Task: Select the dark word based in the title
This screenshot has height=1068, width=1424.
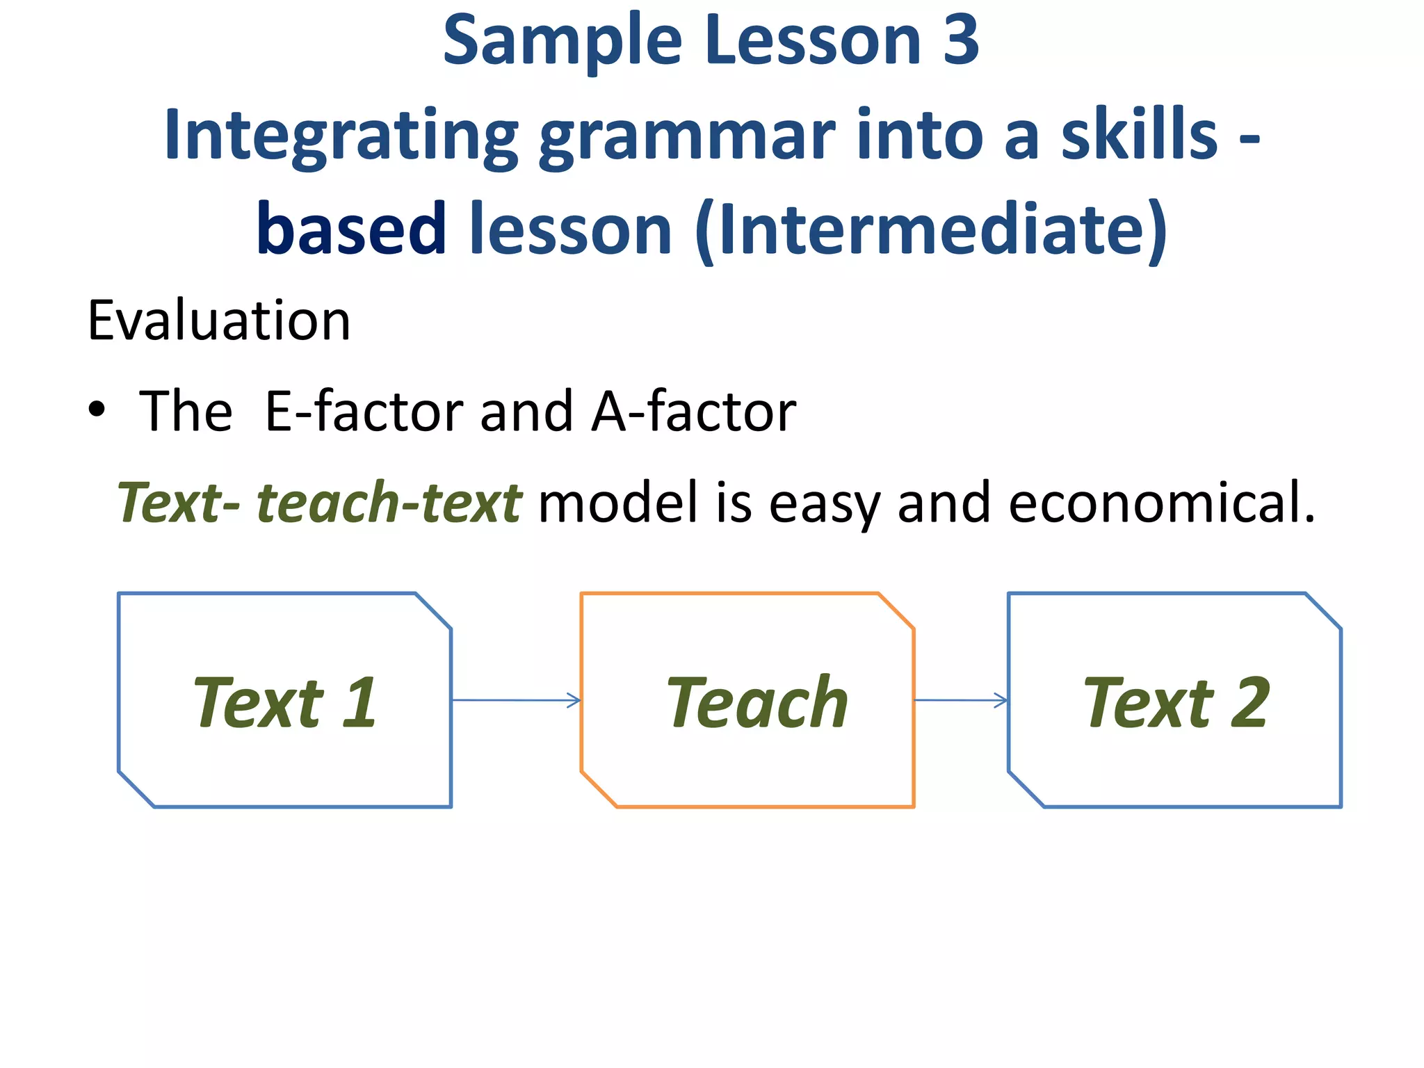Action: click(x=351, y=229)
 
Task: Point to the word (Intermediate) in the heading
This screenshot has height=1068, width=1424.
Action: click(x=931, y=230)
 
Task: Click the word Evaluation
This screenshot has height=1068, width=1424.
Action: click(x=219, y=321)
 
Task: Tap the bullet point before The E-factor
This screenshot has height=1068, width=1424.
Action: click(x=97, y=410)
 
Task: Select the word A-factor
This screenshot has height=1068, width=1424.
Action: click(x=693, y=412)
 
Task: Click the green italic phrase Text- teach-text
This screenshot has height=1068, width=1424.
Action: click(x=319, y=503)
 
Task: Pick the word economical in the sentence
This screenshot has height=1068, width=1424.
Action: click(x=1161, y=503)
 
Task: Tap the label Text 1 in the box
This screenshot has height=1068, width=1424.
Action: click(x=285, y=703)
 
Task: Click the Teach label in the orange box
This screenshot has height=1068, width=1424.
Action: click(x=757, y=703)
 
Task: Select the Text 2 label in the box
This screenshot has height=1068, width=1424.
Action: click(x=1176, y=703)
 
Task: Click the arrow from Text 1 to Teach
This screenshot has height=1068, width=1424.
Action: click(x=516, y=700)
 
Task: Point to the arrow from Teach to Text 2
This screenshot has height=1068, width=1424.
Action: click(x=960, y=700)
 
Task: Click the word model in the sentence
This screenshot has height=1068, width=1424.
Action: click(x=617, y=503)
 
